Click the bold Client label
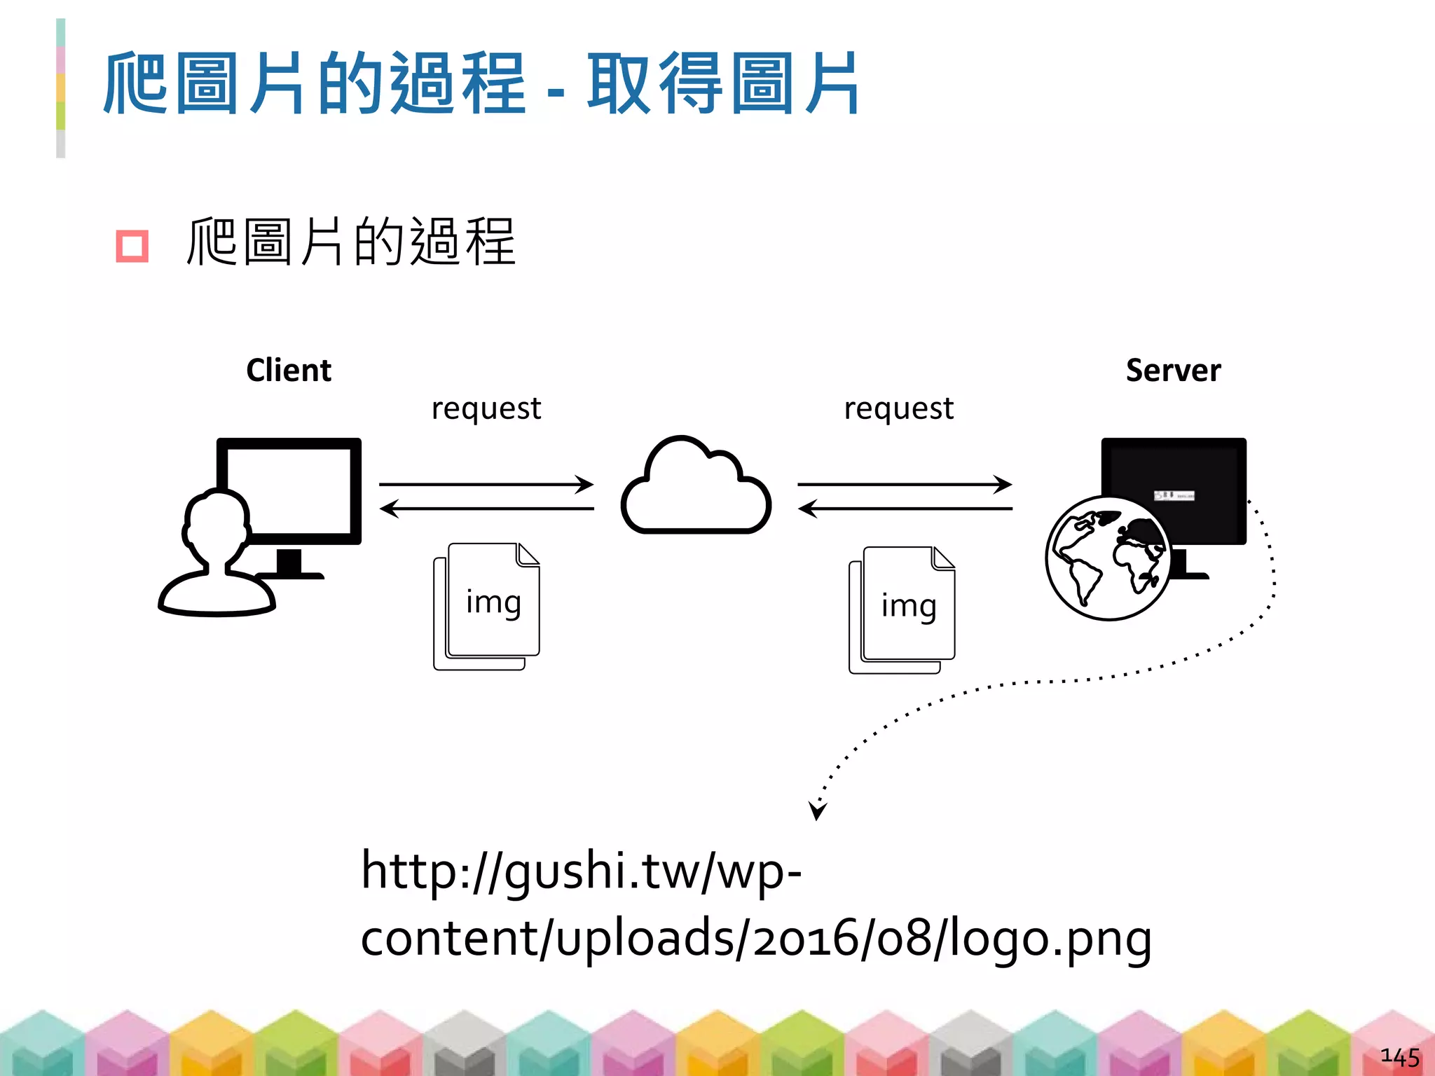(289, 370)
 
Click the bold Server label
(1173, 370)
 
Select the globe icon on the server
(1107, 558)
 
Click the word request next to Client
(486, 408)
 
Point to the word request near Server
(898, 408)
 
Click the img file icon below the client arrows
(488, 605)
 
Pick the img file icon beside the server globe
(903, 609)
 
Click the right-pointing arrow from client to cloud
(486, 484)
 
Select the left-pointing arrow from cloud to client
(486, 508)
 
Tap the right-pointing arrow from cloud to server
(905, 484)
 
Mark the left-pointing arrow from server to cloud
(905, 508)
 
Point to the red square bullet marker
(132, 246)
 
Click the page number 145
(1399, 1056)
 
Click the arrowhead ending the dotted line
(816, 811)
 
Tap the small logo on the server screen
(1174, 495)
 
